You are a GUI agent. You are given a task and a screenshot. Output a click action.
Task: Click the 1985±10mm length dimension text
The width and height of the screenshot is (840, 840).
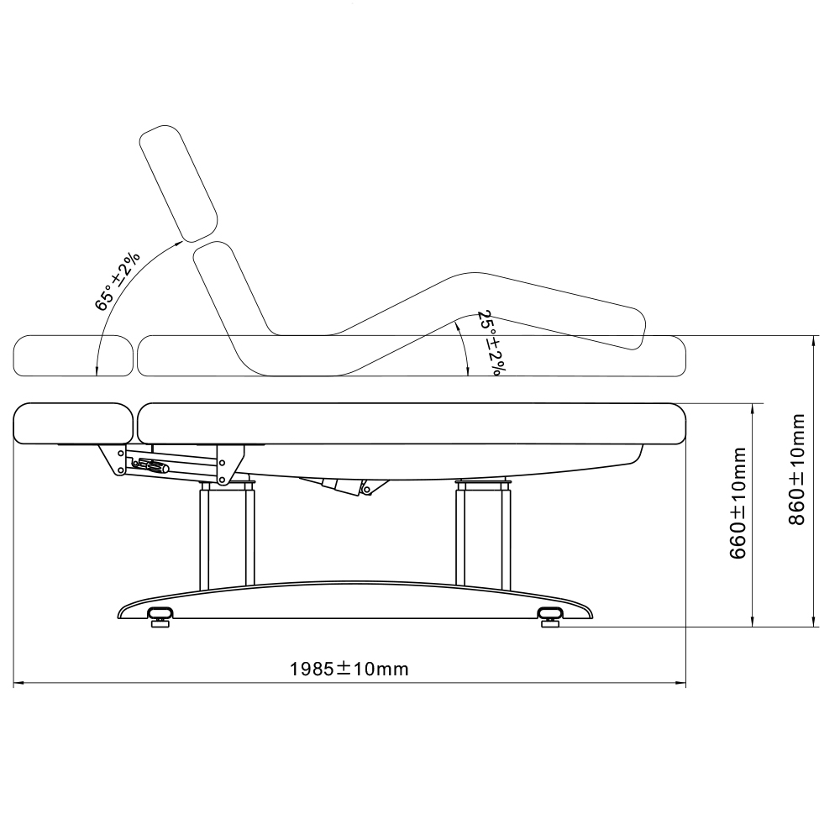(349, 669)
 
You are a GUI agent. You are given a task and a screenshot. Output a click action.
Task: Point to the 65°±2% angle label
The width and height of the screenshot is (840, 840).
(117, 281)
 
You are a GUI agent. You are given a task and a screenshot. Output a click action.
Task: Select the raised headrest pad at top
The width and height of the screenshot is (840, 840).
(179, 181)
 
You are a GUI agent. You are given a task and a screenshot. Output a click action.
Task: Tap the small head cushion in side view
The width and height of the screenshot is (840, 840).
(74, 423)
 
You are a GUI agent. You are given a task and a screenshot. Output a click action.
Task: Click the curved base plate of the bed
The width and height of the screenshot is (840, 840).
(353, 601)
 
